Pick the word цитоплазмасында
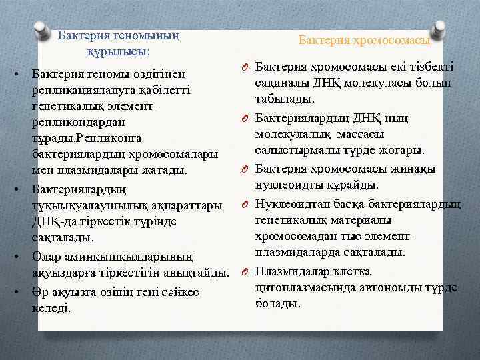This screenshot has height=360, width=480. (299, 287)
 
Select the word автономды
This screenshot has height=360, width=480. (379, 287)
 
